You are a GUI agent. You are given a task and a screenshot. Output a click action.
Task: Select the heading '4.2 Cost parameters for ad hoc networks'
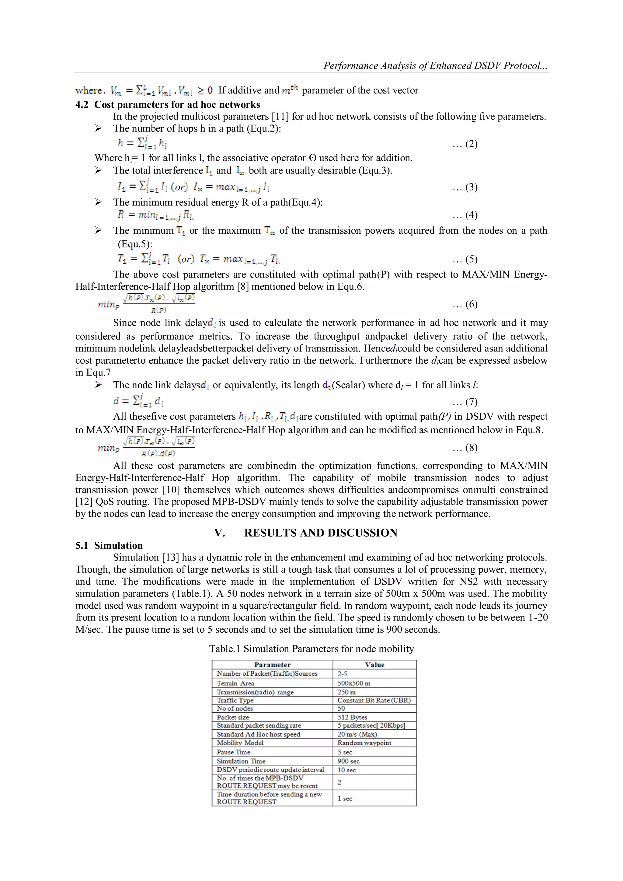click(x=168, y=104)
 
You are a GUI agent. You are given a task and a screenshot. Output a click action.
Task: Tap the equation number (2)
click(x=465, y=144)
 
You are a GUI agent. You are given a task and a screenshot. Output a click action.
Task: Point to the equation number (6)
click(x=465, y=304)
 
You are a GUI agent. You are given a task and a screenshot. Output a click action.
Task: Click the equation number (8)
click(x=465, y=447)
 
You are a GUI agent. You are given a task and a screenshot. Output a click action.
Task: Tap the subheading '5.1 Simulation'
click(x=109, y=545)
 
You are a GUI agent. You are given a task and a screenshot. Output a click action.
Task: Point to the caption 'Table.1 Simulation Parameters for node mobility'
click(x=311, y=649)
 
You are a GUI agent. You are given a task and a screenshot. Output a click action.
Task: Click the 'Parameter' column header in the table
click(x=272, y=665)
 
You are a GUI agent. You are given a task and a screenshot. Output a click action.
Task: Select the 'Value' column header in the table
click(x=374, y=665)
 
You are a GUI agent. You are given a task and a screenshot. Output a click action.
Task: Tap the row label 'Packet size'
click(x=233, y=717)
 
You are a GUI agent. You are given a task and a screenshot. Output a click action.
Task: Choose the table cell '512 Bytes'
click(x=352, y=717)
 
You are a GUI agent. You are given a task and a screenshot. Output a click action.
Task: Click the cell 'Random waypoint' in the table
click(x=364, y=743)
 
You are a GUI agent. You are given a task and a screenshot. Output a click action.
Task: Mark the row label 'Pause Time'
click(x=233, y=752)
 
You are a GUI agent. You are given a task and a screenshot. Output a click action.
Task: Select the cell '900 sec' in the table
click(x=348, y=761)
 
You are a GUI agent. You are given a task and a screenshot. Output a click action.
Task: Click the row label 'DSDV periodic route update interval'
click(x=270, y=770)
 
